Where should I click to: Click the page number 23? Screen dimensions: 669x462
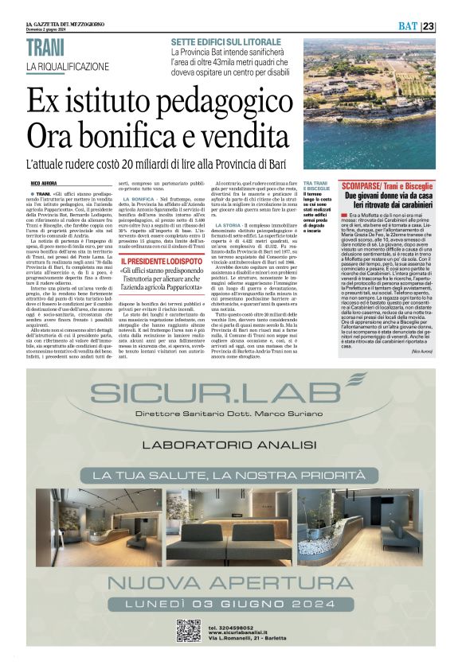(x=451, y=26)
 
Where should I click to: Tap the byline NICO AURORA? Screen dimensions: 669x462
(x=46, y=183)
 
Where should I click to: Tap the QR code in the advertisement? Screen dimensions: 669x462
(x=188, y=630)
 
